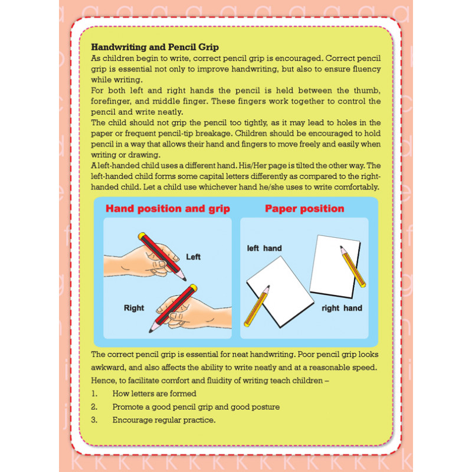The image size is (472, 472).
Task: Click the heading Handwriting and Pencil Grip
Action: [x=155, y=47]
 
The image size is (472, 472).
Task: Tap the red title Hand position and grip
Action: [x=168, y=209]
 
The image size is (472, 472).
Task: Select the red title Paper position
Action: [x=304, y=209]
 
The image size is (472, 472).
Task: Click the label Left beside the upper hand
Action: [x=194, y=257]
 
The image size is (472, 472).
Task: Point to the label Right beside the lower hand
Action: [x=134, y=307]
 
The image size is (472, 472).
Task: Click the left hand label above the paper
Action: [x=264, y=248]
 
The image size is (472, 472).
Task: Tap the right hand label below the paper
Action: [x=342, y=308]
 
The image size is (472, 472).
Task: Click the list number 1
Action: [x=94, y=394]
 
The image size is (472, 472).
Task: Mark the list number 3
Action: [x=94, y=420]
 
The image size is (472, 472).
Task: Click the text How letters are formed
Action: [x=155, y=394]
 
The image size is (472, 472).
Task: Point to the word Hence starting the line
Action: [x=103, y=381]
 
